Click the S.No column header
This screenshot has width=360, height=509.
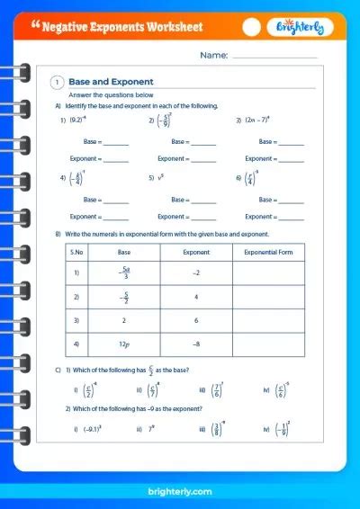point(78,253)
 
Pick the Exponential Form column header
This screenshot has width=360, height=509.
point(267,253)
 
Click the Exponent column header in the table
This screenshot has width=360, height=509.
point(195,253)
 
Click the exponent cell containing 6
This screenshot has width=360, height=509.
point(195,319)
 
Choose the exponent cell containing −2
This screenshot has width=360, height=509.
point(195,272)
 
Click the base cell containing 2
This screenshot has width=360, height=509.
point(125,319)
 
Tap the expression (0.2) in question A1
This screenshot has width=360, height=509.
point(77,120)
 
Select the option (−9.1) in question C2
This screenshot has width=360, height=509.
point(91,430)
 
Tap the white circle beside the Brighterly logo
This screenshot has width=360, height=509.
point(253,27)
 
